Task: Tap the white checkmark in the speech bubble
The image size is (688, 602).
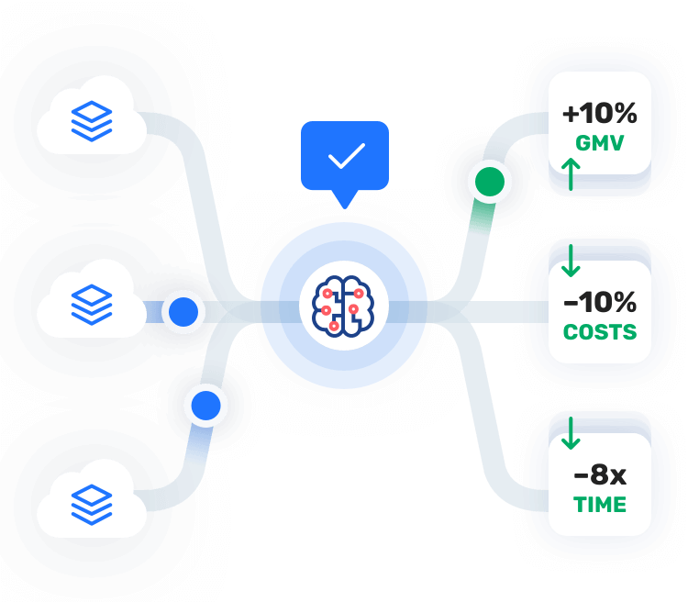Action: [x=346, y=156]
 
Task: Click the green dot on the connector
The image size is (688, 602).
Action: [x=488, y=182]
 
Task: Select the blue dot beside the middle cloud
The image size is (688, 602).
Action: [x=184, y=312]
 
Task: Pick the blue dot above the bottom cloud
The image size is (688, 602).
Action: [x=205, y=404]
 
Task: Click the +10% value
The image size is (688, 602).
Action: [x=600, y=115]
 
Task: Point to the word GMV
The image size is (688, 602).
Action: [x=600, y=143]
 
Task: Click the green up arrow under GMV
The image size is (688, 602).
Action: [x=571, y=173]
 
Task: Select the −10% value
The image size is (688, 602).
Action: [x=600, y=301]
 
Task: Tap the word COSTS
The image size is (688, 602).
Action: [x=600, y=331]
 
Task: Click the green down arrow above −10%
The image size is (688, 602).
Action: [x=571, y=261]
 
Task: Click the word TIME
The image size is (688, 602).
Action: [x=600, y=505]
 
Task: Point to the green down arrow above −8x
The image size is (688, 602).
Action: [x=571, y=433]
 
